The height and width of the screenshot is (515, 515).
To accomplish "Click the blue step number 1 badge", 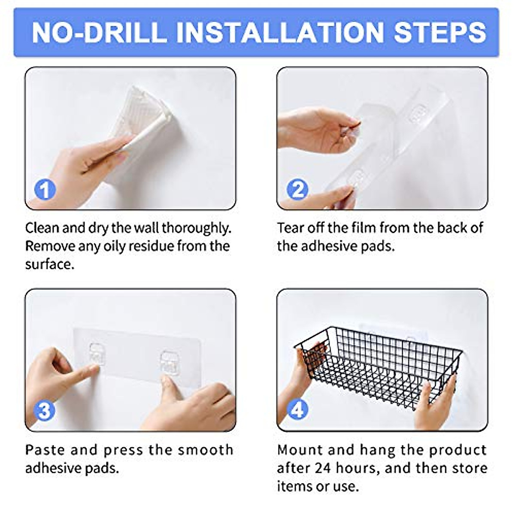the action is [45, 190].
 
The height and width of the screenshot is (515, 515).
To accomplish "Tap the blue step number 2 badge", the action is [297, 190].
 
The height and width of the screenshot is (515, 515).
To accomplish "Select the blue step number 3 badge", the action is [44, 410].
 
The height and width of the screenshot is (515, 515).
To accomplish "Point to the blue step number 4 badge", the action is [297, 410].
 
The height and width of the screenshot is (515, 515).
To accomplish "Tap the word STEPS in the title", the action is [440, 33].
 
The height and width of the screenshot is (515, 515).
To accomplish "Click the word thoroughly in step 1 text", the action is [196, 229].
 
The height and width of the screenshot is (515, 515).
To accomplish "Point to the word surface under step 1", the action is [50, 265].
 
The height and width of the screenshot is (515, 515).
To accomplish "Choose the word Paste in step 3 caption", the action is [45, 450].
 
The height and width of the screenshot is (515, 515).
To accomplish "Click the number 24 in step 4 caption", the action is [324, 468].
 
